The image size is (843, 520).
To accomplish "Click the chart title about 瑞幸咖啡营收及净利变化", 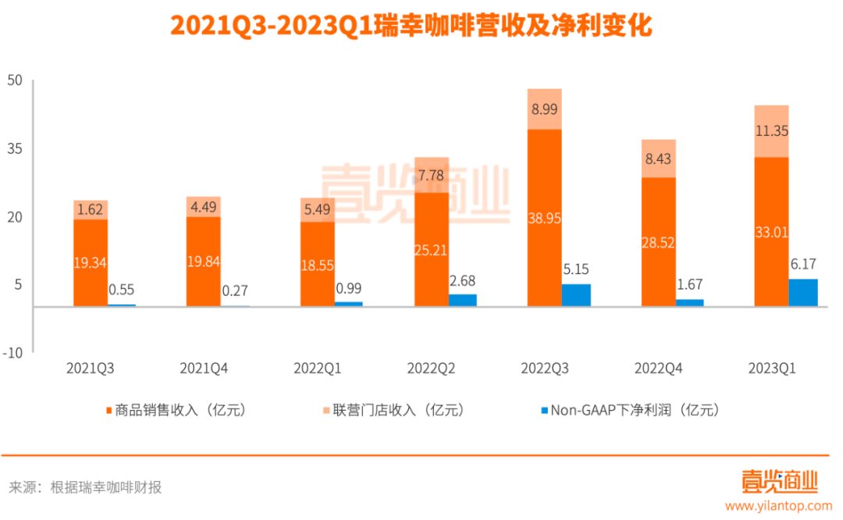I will [421, 27].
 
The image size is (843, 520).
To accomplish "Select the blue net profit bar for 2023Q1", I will [803, 293].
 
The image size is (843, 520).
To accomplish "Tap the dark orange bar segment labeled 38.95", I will [544, 218].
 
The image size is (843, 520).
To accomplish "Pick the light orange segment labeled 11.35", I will [771, 131].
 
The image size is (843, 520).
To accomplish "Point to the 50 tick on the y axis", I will [16, 80].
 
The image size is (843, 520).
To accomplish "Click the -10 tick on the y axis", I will [13, 352].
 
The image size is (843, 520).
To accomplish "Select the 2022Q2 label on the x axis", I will [431, 367].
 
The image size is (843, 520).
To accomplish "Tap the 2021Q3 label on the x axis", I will [91, 367].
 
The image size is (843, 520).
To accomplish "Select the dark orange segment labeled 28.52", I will [658, 242].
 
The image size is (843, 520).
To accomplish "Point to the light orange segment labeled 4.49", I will [204, 207].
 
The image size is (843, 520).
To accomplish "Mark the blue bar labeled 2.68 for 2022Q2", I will [462, 301].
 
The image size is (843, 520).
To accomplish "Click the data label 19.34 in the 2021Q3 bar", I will [91, 263].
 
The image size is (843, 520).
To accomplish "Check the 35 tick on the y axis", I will [16, 148].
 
